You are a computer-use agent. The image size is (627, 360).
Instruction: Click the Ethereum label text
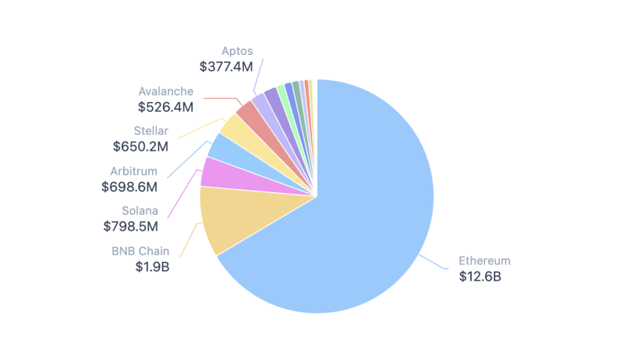click(x=484, y=260)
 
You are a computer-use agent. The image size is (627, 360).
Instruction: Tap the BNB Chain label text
click(x=140, y=251)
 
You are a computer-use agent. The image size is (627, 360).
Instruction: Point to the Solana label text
click(x=140, y=210)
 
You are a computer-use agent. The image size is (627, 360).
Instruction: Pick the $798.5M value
click(x=131, y=226)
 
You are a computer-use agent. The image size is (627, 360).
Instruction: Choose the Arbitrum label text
click(x=134, y=171)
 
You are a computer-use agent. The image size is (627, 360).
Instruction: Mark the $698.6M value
click(x=129, y=187)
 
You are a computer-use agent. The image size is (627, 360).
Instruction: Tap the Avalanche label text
click(x=165, y=91)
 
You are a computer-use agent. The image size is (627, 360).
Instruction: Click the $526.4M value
click(x=165, y=106)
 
